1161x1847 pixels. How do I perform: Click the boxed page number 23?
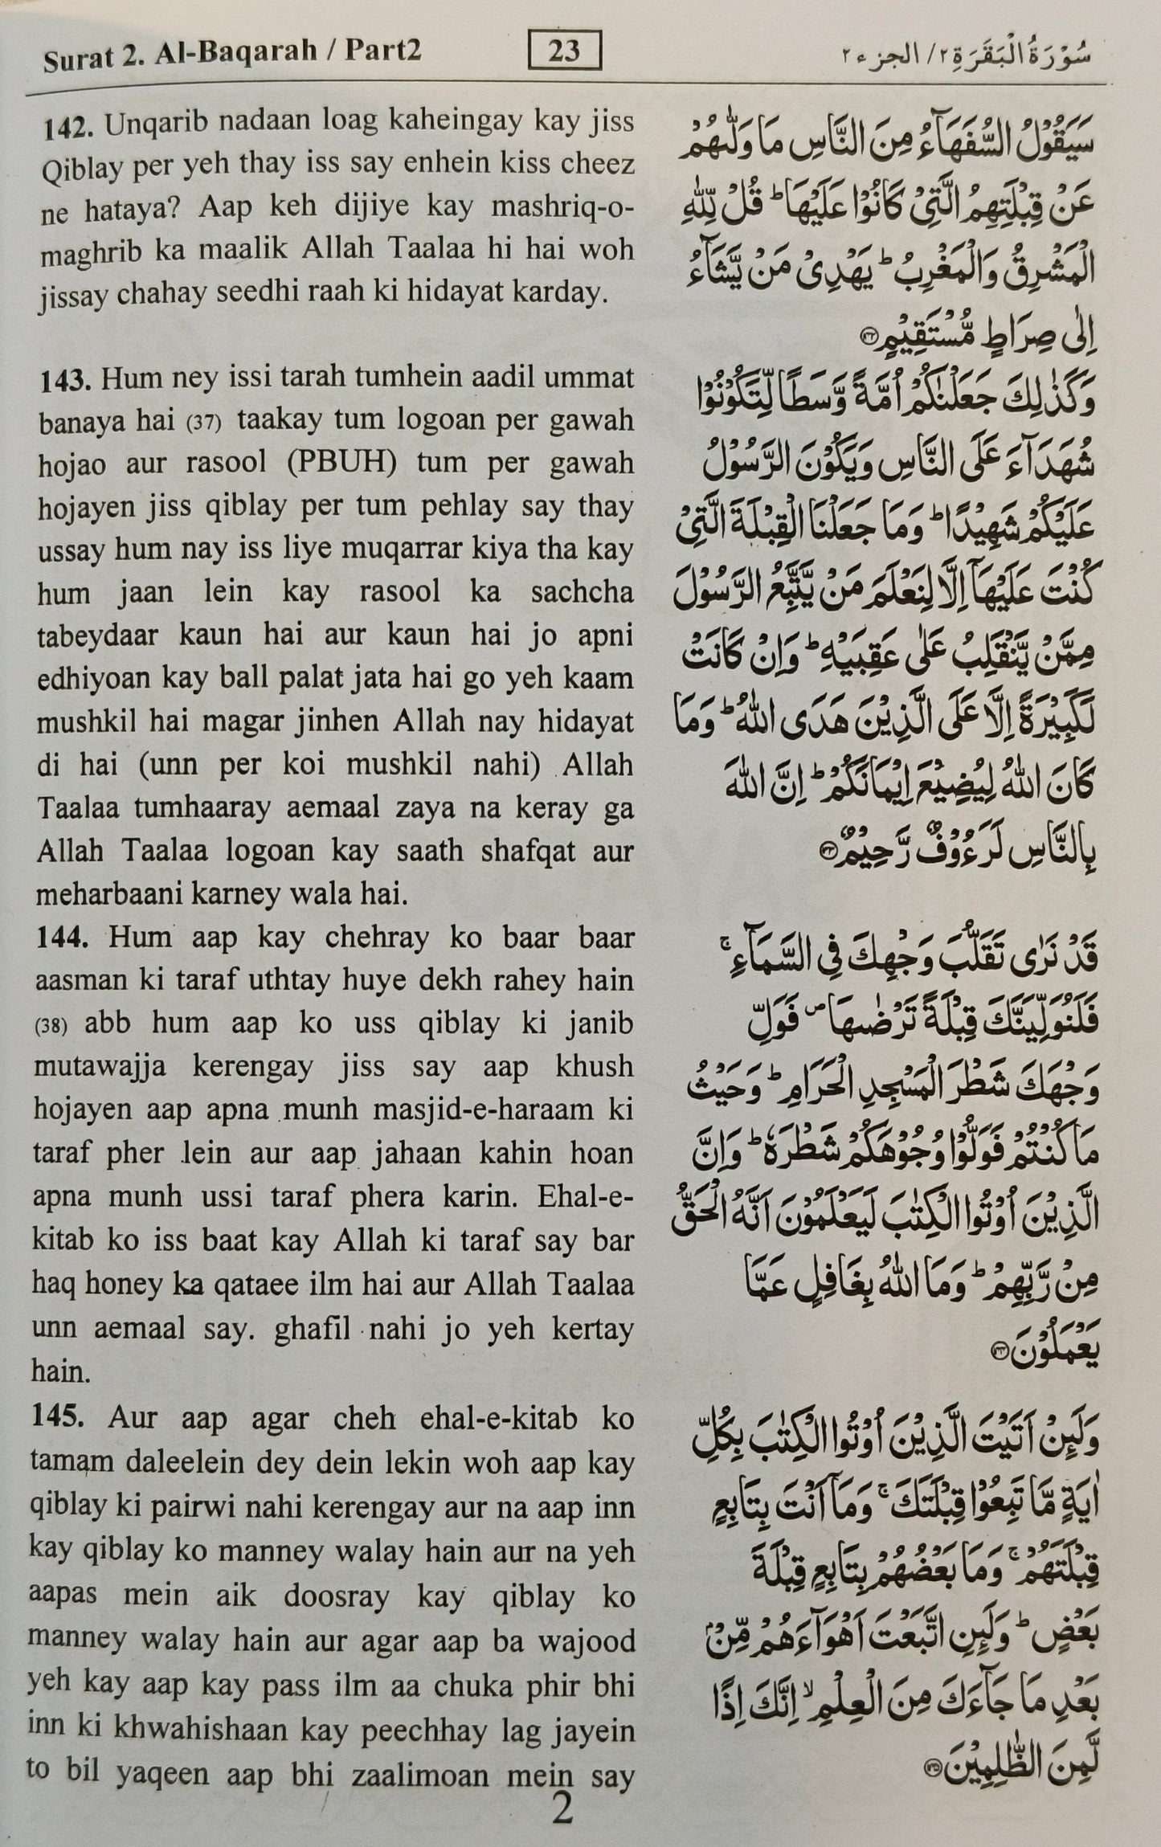point(565,52)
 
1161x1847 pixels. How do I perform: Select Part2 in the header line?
point(382,52)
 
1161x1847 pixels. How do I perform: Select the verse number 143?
point(68,378)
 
